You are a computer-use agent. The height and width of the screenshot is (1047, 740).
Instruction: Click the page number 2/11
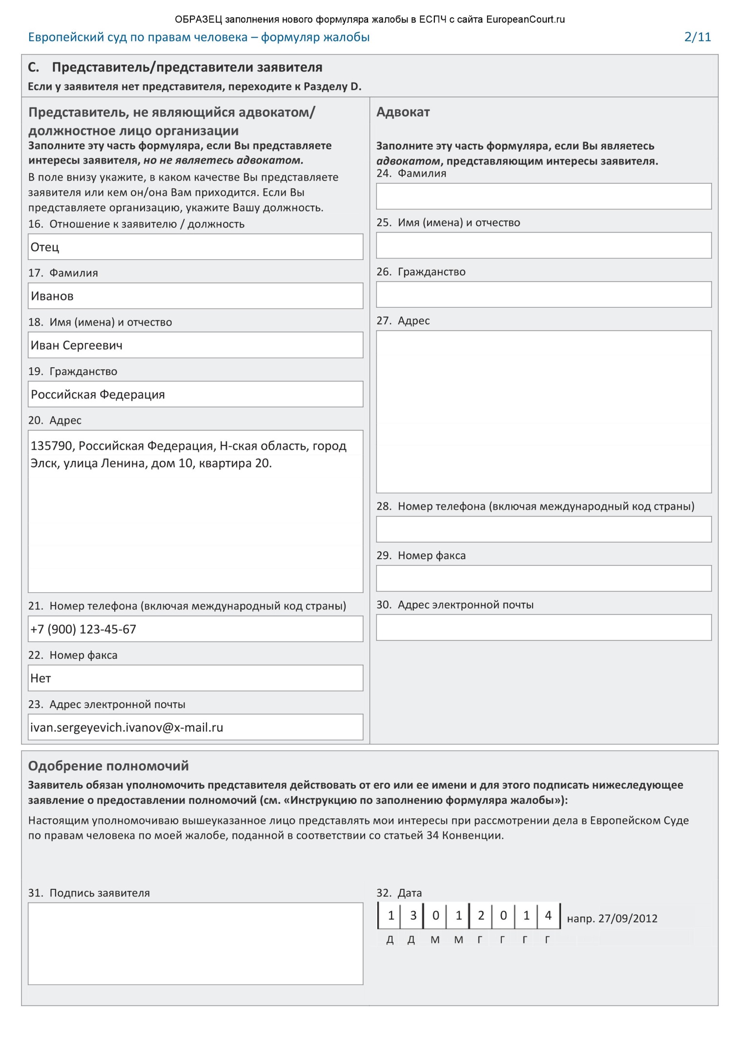click(x=698, y=37)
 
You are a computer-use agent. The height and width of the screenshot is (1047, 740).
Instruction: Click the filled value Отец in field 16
click(x=45, y=247)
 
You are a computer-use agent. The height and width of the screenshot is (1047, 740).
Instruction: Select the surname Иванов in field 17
click(x=52, y=296)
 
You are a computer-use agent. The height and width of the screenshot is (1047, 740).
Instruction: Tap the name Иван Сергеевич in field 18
click(x=77, y=345)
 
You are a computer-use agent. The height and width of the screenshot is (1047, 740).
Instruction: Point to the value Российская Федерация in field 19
click(x=98, y=395)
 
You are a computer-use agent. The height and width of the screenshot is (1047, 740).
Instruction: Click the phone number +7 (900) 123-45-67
click(x=83, y=629)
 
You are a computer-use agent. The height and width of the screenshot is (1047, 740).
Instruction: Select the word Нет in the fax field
click(x=41, y=678)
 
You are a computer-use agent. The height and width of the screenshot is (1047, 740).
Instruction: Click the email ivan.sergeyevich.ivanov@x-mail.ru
click(x=127, y=728)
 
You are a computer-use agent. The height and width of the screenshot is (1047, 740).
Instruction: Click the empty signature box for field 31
click(x=195, y=943)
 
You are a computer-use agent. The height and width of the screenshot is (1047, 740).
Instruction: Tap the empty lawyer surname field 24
click(x=543, y=196)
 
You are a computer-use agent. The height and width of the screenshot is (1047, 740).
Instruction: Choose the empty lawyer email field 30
click(x=543, y=628)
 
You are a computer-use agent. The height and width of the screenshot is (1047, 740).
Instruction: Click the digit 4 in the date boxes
click(x=548, y=916)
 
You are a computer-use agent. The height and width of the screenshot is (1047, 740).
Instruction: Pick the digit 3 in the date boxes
click(x=413, y=916)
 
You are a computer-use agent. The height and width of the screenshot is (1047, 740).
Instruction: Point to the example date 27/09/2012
click(x=628, y=919)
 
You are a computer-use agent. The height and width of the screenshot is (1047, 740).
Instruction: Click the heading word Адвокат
click(x=403, y=112)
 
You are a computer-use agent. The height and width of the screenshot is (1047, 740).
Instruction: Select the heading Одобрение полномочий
click(x=108, y=766)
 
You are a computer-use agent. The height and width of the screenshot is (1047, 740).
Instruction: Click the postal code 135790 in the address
click(x=51, y=446)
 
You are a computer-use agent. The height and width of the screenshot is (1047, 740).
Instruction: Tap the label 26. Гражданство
click(x=421, y=272)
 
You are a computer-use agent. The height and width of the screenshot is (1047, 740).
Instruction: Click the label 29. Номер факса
click(x=421, y=556)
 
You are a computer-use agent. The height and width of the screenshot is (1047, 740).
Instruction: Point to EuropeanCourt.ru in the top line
click(x=525, y=20)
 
